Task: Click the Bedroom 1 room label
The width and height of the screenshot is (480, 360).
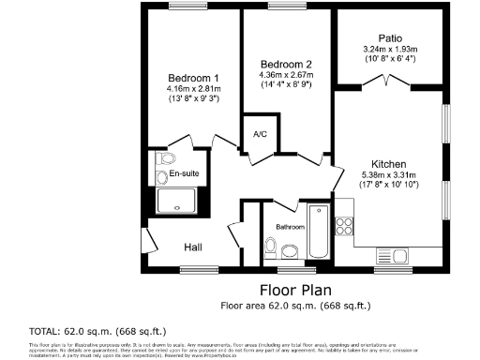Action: (193, 77)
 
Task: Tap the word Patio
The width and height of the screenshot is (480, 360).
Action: (388, 37)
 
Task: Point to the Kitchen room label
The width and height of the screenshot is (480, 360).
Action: (388, 162)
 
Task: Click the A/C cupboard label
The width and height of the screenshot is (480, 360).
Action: (261, 134)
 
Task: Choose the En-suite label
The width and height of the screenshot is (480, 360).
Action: (184, 174)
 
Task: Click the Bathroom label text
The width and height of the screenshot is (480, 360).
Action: (290, 227)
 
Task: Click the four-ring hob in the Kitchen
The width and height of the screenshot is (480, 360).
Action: (343, 225)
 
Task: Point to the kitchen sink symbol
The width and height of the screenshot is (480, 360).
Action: (389, 255)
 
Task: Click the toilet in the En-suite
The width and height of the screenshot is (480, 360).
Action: (157, 174)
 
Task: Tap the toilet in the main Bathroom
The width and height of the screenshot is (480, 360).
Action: (270, 248)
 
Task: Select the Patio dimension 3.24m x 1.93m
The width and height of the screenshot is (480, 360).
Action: (388, 50)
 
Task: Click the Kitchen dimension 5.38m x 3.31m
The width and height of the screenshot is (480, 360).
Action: (388, 173)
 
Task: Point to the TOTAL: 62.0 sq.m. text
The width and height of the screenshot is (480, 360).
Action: (65, 332)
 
